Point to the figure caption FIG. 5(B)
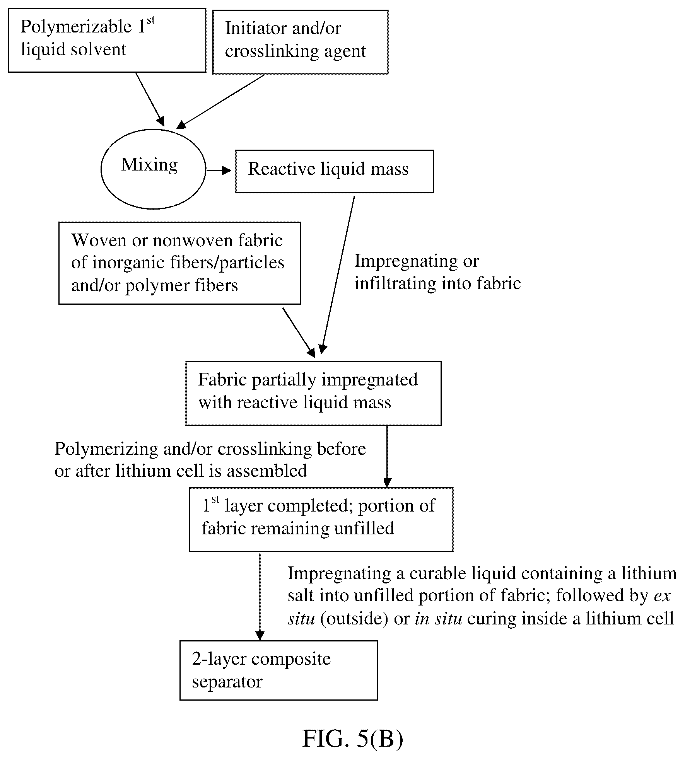(352, 739)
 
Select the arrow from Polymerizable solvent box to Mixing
(150, 99)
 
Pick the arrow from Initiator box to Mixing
(220, 101)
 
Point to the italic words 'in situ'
(439, 619)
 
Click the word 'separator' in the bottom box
(227, 681)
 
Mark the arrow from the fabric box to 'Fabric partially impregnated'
(299, 332)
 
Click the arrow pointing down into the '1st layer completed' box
(387, 457)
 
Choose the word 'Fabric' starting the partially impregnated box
(222, 380)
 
